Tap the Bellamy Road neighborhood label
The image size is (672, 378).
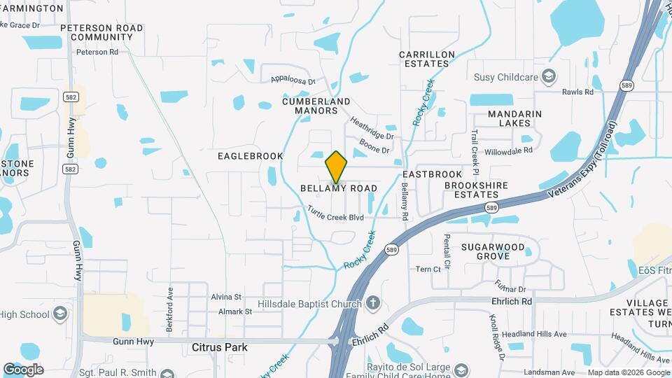point(339,188)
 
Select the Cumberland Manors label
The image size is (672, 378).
point(316,106)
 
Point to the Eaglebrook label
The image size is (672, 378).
point(250,156)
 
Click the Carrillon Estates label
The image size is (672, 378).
point(427,59)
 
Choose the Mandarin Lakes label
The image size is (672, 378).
point(515,118)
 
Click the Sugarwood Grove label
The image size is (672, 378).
point(493,252)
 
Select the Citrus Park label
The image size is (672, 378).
point(219,347)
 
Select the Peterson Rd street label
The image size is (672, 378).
point(97,52)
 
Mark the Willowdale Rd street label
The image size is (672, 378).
point(509,150)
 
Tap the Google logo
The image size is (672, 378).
point(23,370)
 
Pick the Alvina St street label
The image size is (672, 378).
point(226,297)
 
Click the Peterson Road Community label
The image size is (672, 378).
point(101,32)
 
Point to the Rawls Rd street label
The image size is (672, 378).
point(577,92)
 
